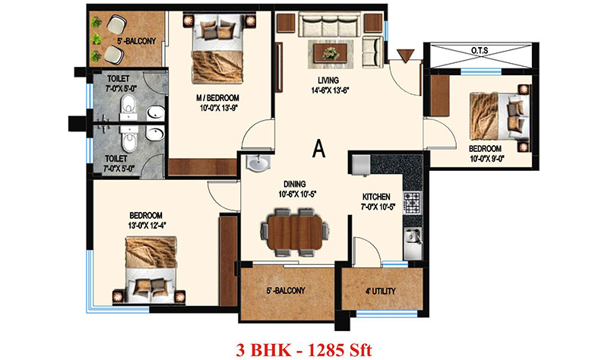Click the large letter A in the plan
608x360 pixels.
coord(318,149)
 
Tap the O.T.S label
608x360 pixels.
coord(480,51)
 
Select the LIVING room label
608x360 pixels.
coord(328,81)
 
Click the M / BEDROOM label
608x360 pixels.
coord(217,99)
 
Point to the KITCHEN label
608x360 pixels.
coord(376,197)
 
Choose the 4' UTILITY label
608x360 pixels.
coord(381,291)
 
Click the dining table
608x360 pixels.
coord(295,232)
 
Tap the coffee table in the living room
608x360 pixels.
coord(331,53)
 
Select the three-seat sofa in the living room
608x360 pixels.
coord(330,24)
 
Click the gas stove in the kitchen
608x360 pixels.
coord(412,204)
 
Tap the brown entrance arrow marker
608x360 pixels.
coord(406,56)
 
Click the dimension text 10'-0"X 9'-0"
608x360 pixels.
coord(486,158)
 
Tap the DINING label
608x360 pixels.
coord(295,184)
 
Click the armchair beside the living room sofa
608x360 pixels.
coord(372,52)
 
